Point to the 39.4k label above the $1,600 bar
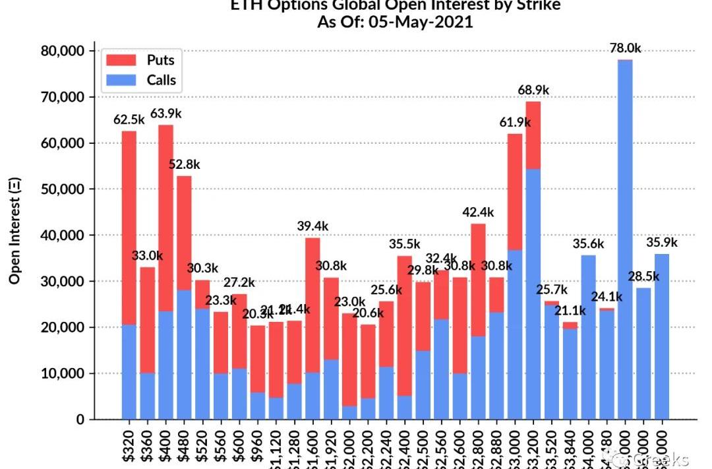(x=312, y=226)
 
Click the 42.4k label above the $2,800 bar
(x=479, y=212)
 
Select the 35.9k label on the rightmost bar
(x=662, y=242)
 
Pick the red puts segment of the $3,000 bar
(x=515, y=191)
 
